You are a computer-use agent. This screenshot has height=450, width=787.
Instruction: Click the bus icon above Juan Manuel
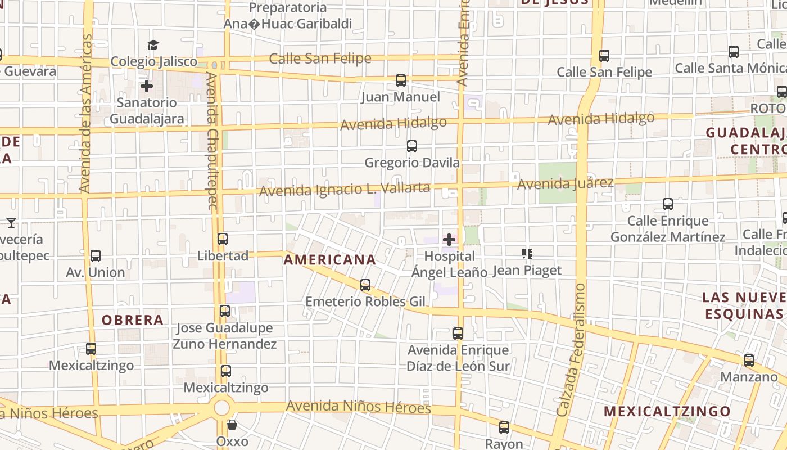point(401,80)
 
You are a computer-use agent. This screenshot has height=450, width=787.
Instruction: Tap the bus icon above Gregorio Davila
point(412,146)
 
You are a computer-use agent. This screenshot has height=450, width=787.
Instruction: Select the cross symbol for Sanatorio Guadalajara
point(147,86)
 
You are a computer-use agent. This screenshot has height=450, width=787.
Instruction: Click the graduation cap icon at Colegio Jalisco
point(153,45)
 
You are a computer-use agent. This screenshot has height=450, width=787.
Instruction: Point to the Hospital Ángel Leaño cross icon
point(449,240)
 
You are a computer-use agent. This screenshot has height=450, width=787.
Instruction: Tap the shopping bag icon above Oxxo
point(232,425)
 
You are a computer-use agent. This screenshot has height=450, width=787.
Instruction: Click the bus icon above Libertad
point(223,239)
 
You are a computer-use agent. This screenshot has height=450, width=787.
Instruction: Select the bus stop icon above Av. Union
point(96,256)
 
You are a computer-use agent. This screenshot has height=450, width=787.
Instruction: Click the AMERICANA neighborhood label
point(329,259)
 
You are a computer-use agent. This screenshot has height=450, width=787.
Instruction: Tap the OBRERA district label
point(133,320)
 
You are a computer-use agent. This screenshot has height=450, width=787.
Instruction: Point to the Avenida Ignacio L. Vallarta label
point(344,189)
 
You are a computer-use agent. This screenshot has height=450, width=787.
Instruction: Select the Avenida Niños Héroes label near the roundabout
point(359,407)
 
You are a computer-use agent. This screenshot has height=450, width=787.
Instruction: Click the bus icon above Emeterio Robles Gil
point(365,285)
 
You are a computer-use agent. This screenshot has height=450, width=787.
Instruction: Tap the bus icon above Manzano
point(749,361)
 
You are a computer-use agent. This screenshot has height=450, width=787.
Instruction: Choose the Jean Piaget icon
point(527,254)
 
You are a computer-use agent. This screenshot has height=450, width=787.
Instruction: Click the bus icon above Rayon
point(504,427)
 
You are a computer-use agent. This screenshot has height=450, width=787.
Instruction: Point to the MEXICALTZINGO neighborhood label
point(667,411)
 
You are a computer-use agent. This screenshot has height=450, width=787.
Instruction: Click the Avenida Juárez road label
point(565,183)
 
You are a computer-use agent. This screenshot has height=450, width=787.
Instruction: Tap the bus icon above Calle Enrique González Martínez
point(668,204)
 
